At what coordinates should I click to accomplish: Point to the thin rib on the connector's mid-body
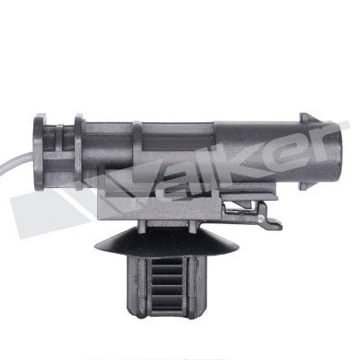137,153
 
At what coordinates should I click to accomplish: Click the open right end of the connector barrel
341,148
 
